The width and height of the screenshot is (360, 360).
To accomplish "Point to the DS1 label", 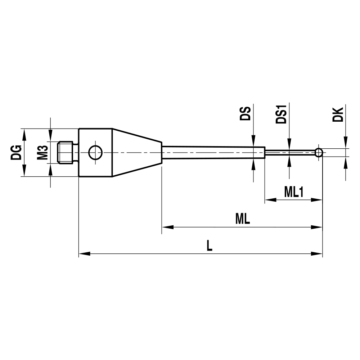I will pos(281,114).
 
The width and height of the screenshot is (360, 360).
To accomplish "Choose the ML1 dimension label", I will pos(294,192).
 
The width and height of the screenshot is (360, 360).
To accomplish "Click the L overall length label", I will pos(210,246).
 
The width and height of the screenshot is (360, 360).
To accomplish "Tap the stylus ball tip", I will pos(318,153).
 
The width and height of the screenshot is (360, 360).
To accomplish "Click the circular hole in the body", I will pos(95,153).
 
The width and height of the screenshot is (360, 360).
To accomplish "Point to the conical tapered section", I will pos(137,153).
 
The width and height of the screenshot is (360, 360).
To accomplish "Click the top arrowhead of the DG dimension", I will pos(24,134).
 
